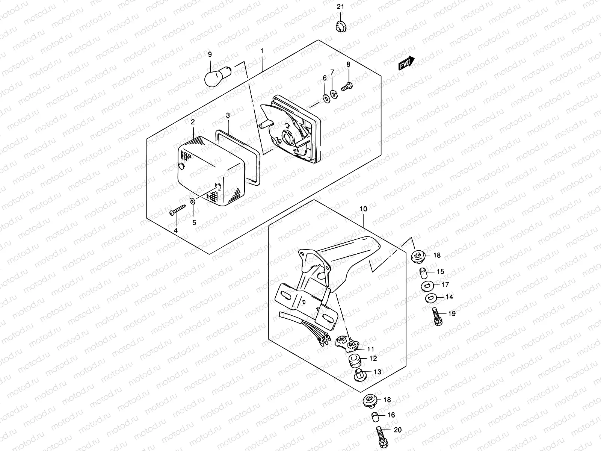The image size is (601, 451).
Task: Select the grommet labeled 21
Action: [340, 27]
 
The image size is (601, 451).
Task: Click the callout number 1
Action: [262, 51]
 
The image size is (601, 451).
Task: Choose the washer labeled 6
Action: [325, 98]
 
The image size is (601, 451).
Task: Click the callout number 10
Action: [363, 209]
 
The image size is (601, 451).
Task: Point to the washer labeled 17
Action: [426, 286]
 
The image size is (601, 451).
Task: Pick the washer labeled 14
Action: [430, 298]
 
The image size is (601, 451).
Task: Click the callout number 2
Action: [192, 122]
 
